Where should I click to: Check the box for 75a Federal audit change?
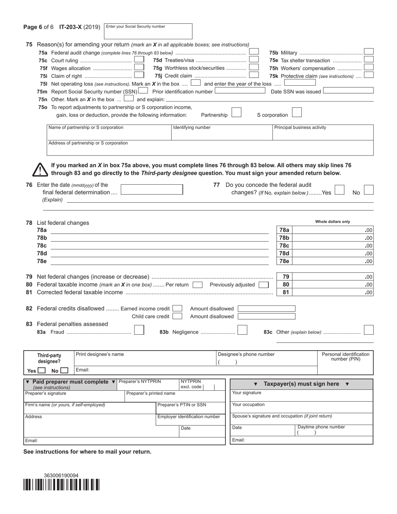tap(254, 52)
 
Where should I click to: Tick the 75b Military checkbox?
tap(368, 52)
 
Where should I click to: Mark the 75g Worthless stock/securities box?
tap(254, 67)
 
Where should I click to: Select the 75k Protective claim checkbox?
tap(368, 75)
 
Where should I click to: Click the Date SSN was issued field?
tap(348, 91)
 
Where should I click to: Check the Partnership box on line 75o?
tap(236, 112)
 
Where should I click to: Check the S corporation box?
tap(296, 112)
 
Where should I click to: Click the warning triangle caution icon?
tap(40, 170)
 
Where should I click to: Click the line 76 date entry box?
tap(152, 189)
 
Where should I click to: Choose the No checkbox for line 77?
tap(368, 190)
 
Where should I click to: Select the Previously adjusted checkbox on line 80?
tap(263, 285)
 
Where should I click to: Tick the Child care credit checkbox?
tap(177, 316)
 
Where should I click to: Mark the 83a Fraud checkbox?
tap(139, 330)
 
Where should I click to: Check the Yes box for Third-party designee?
tap(42, 370)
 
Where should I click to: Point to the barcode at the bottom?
tap(61, 485)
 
